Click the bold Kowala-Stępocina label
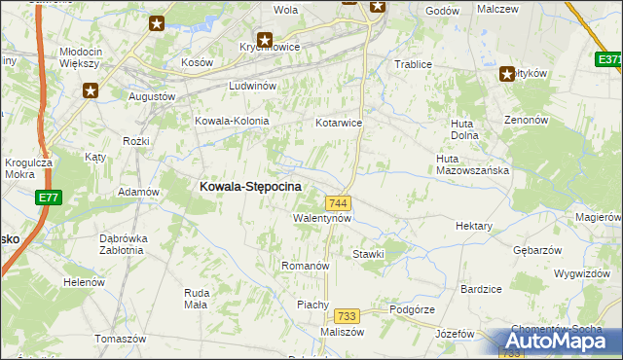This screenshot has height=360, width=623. (250, 186)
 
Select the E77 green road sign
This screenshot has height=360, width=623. (48, 198)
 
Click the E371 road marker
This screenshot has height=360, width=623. (609, 60)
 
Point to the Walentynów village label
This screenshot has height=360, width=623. (322, 218)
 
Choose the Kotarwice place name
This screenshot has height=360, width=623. (339, 124)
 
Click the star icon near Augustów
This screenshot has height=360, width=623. (91, 90)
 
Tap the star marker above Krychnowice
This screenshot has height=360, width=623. (263, 40)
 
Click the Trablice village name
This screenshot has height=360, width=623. (413, 64)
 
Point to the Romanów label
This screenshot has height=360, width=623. (306, 266)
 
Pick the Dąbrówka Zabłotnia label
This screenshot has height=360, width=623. (123, 243)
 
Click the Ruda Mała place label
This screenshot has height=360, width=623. (196, 298)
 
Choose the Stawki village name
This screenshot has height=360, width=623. (370, 254)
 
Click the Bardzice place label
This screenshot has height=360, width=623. (481, 289)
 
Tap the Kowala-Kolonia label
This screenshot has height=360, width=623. (232, 121)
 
